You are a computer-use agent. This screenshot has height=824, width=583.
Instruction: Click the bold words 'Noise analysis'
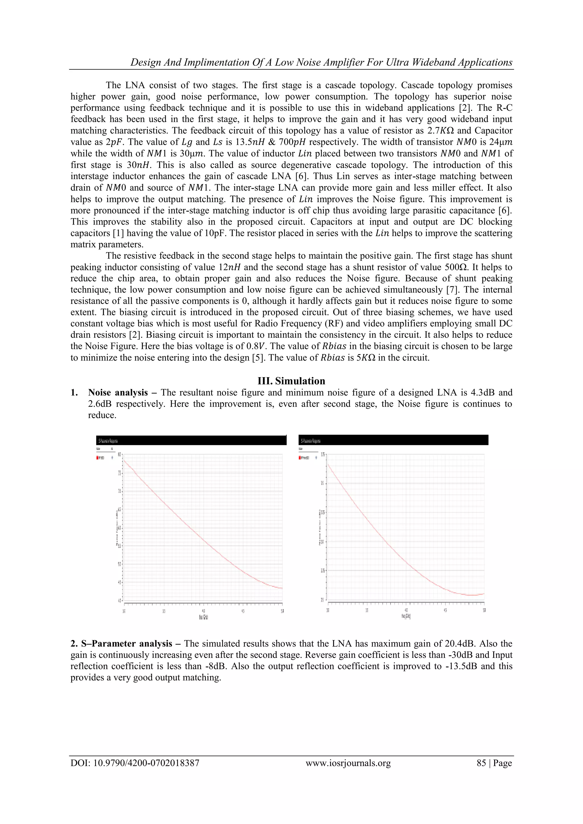click(x=118, y=393)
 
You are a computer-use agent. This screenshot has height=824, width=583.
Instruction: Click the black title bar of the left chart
click(x=191, y=440)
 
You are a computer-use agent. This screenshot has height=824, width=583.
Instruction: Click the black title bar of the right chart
click(x=393, y=440)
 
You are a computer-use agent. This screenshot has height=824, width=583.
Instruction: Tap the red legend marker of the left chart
click(x=98, y=458)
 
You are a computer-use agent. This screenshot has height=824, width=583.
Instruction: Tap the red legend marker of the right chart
click(x=300, y=458)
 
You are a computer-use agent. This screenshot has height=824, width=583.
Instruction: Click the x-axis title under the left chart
click(x=203, y=617)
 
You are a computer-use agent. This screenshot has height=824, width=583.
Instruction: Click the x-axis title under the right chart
click(x=406, y=616)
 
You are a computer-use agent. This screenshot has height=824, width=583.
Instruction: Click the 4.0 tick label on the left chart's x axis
click(x=203, y=611)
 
